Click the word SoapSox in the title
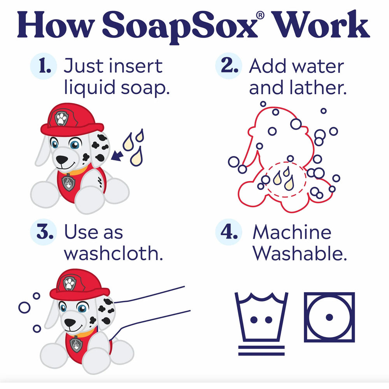[x=180, y=27]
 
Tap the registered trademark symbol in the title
[x=260, y=16]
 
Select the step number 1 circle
[x=44, y=66]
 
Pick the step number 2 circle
[x=228, y=66]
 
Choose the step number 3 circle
[x=44, y=232]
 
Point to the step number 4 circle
[x=228, y=232]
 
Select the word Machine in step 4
[x=292, y=232]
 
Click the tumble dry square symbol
[x=329, y=293]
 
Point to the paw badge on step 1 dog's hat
[x=61, y=119]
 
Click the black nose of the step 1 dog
[x=61, y=159]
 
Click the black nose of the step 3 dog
[x=70, y=322]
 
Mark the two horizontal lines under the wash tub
[x=261, y=350]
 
